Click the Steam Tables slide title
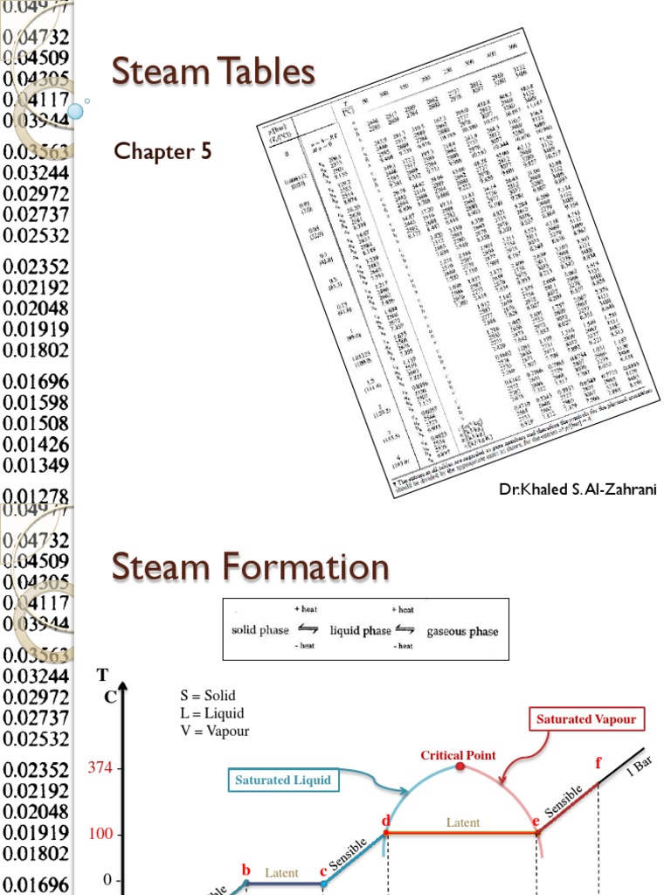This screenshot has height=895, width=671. click(x=213, y=72)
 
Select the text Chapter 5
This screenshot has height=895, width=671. click(x=163, y=151)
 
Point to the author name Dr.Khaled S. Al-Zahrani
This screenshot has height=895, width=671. click(x=578, y=489)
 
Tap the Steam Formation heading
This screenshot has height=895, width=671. click(x=250, y=567)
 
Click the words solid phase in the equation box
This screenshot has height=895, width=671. click(x=259, y=630)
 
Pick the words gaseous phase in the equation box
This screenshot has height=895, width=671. click(x=462, y=630)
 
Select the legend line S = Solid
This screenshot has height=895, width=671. click(x=208, y=696)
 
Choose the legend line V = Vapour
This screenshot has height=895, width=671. click(x=214, y=731)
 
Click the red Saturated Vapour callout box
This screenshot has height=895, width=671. click(x=586, y=719)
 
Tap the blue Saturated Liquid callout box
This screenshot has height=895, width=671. click(x=284, y=780)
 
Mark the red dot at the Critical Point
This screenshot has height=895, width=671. click(x=460, y=767)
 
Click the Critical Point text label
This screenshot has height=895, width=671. click(x=458, y=755)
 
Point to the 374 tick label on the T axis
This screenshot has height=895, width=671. click(x=101, y=768)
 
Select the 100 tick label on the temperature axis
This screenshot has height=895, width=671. click(x=101, y=834)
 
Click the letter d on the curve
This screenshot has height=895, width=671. click(x=384, y=821)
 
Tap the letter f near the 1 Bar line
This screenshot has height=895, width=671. click(x=598, y=763)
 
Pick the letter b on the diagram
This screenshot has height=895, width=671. click(x=246, y=870)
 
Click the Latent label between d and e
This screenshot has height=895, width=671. click(x=463, y=822)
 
